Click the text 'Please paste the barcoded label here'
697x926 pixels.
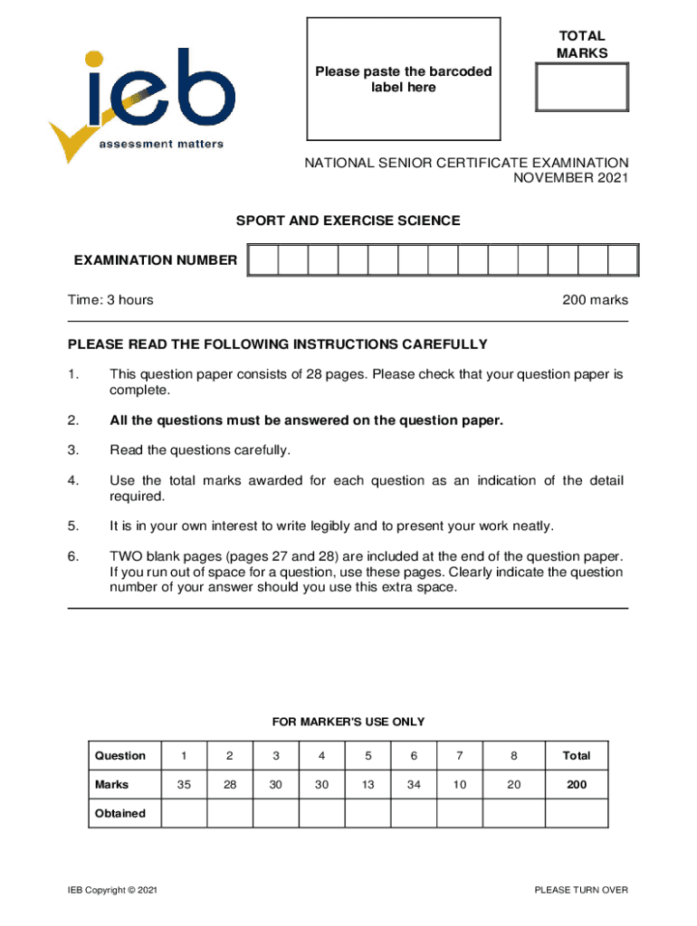tap(403, 80)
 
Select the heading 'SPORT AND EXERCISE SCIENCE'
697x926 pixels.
tap(348, 221)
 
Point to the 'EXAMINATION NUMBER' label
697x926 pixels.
tap(156, 260)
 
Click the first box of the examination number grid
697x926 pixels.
tap(263, 260)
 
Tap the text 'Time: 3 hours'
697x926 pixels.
tap(110, 300)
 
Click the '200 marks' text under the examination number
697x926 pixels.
tap(595, 300)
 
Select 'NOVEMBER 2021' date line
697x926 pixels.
tap(570, 178)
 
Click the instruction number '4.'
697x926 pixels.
tap(73, 481)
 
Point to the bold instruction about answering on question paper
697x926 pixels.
tap(306, 420)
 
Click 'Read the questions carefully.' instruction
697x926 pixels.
tap(200, 450)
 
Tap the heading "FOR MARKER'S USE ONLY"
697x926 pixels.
tap(348, 722)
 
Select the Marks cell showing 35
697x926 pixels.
tap(184, 785)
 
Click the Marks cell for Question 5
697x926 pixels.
tap(368, 785)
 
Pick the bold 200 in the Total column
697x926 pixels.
tap(577, 785)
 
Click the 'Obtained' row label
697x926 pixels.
tap(120, 813)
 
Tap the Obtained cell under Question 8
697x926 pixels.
tap(513, 813)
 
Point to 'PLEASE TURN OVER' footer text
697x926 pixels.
tap(581, 891)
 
